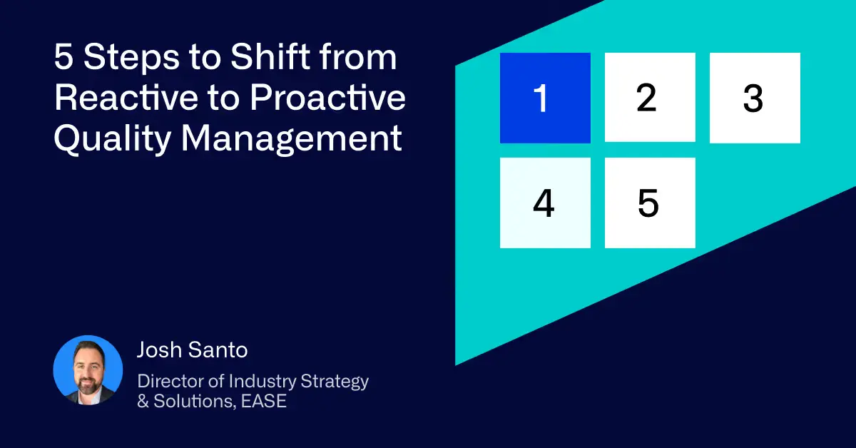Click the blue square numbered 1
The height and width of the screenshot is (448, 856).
(545, 98)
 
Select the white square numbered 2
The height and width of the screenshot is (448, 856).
(650, 98)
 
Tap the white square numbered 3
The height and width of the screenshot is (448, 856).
(755, 98)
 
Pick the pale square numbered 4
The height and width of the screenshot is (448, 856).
(545, 203)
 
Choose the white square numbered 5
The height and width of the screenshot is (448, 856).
(650, 203)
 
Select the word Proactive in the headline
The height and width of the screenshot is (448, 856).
(327, 98)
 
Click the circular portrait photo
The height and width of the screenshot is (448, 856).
(88, 370)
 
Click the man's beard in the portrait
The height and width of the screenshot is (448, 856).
(88, 382)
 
